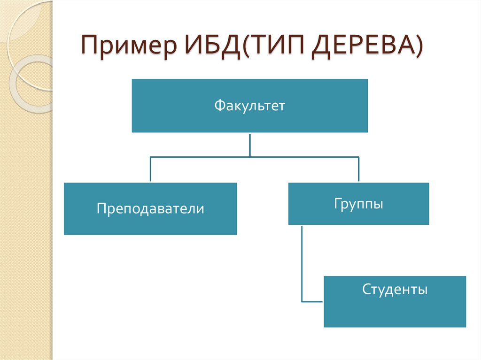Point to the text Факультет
pos(249,106)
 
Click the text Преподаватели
pos(150,208)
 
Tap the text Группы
pos(358,204)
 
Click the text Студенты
pos(395,289)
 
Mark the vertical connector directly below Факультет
pos(249,144)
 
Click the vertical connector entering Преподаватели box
pos(150,169)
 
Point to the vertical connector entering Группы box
pos(358,169)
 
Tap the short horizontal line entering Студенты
pos(312,301)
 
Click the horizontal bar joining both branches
pos(254,156)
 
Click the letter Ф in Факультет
pos(219,106)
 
